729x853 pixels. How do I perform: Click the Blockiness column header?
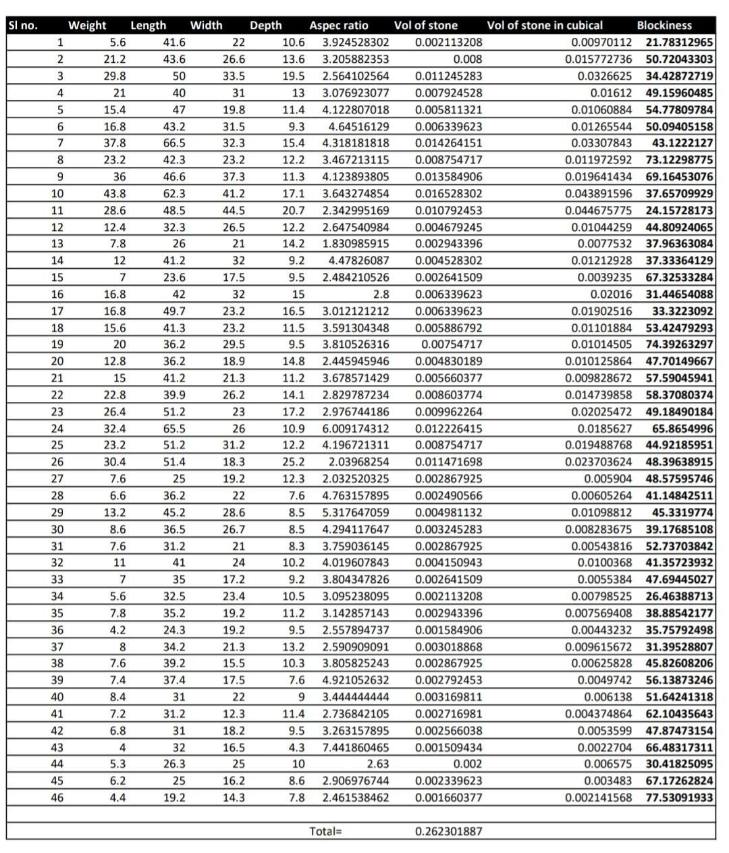click(664, 26)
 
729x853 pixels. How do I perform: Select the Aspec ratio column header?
click(338, 26)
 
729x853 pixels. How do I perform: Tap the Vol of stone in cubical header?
click(544, 26)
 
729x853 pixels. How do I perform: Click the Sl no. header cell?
click(22, 26)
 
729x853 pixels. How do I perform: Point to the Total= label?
click(325, 831)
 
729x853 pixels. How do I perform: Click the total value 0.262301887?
click(448, 831)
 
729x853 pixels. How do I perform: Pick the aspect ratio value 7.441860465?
click(356, 748)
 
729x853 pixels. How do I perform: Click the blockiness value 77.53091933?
click(679, 798)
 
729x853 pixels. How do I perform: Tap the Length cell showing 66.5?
click(174, 143)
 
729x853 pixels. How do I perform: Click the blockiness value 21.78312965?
click(679, 43)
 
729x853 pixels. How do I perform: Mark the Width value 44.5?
click(234, 210)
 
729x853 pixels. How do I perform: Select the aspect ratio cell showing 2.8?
click(381, 294)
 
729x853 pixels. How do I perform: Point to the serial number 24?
click(57, 428)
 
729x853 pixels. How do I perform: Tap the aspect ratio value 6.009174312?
click(356, 428)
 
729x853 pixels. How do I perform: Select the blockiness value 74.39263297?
click(679, 344)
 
